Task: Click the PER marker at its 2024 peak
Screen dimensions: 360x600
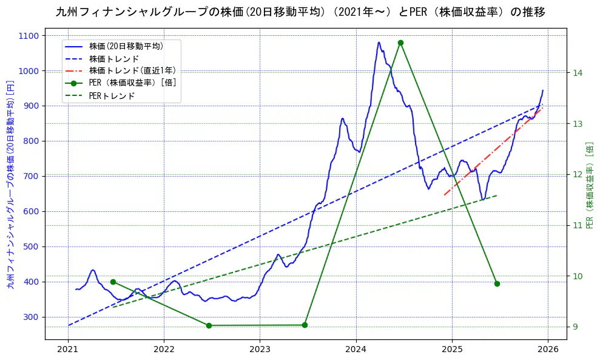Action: click(x=400, y=42)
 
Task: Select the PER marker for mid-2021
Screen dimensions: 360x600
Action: click(x=113, y=282)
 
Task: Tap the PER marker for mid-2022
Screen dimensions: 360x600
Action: click(x=209, y=325)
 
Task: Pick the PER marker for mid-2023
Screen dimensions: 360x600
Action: click(x=305, y=325)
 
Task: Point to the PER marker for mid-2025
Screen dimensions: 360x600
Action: click(x=497, y=284)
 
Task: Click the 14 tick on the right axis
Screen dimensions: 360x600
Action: click(x=578, y=73)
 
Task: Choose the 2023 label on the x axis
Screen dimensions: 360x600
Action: click(x=260, y=349)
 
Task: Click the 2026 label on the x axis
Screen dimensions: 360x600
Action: click(x=548, y=349)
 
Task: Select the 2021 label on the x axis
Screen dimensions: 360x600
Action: click(x=68, y=349)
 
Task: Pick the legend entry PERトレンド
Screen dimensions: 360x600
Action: click(x=112, y=96)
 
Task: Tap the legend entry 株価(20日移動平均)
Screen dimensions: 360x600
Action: click(x=126, y=46)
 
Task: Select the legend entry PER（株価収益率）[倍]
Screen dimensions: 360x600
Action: click(x=132, y=83)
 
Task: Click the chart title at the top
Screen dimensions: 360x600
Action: click(x=300, y=12)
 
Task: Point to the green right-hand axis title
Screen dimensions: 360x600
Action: click(x=589, y=185)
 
